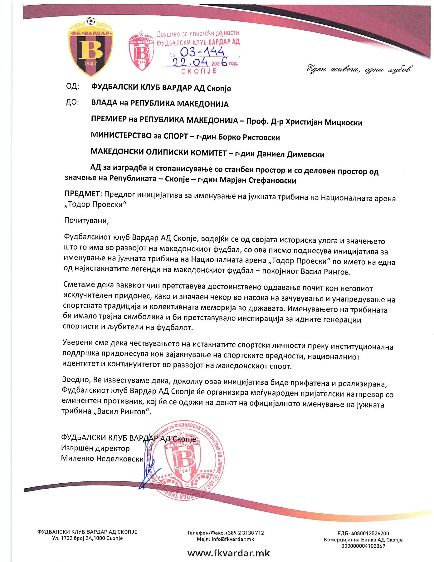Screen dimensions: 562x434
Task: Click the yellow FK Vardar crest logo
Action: point(90,47)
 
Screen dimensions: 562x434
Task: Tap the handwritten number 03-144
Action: point(202,52)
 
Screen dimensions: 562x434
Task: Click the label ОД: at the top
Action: point(72,86)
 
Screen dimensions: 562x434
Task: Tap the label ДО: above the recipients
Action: point(72,102)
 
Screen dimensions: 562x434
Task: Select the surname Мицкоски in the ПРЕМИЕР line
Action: point(343,122)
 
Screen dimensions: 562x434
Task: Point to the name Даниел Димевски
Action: point(290,154)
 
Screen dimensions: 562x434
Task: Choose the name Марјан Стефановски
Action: point(258,180)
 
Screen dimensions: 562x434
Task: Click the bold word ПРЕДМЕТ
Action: point(82,194)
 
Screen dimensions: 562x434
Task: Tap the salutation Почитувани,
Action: point(86,221)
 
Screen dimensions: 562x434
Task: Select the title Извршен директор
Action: point(95,448)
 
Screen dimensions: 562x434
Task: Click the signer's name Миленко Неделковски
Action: point(102,459)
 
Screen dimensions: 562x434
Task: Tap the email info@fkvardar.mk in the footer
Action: point(225,539)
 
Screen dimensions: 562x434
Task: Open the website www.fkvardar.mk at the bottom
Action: point(228,553)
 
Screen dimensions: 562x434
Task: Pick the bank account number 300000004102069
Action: point(363,546)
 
